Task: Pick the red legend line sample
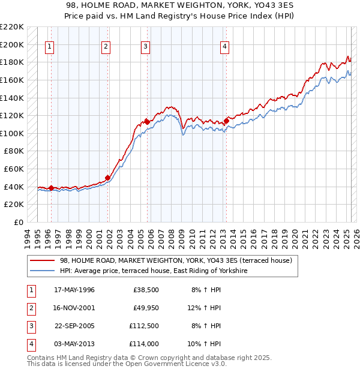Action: coord(42,260)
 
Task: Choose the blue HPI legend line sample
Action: coord(42,271)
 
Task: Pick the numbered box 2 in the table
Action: coord(31,308)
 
